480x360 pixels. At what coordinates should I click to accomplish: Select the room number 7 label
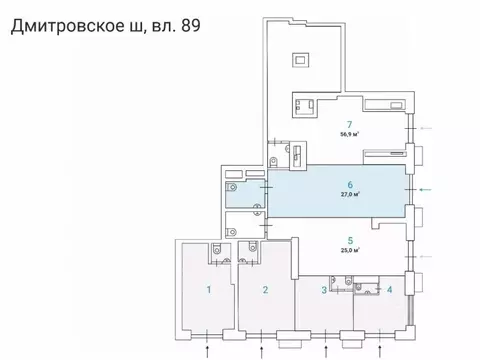click(x=349, y=124)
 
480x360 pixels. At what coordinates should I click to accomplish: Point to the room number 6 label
click(x=349, y=185)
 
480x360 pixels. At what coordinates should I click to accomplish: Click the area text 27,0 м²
click(x=349, y=196)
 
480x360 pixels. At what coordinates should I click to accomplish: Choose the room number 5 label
click(x=349, y=240)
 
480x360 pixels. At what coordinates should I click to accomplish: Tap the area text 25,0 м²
click(x=349, y=252)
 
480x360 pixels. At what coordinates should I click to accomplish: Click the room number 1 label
click(x=208, y=291)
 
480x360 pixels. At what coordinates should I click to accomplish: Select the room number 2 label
click(x=265, y=291)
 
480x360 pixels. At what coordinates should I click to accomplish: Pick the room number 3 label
click(x=323, y=291)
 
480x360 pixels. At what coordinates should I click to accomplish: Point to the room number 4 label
click(x=389, y=291)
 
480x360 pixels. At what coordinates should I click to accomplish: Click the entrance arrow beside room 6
click(x=427, y=189)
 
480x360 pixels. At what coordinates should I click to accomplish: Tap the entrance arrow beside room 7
click(x=427, y=127)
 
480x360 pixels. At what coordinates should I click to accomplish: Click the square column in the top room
click(x=301, y=59)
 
